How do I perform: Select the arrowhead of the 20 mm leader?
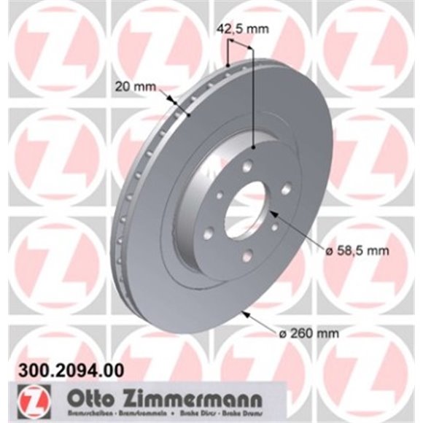[175, 103]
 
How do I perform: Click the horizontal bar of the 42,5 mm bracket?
[240, 45]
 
